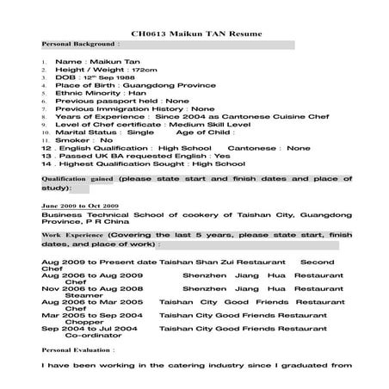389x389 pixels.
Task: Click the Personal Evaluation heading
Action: coord(77,352)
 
